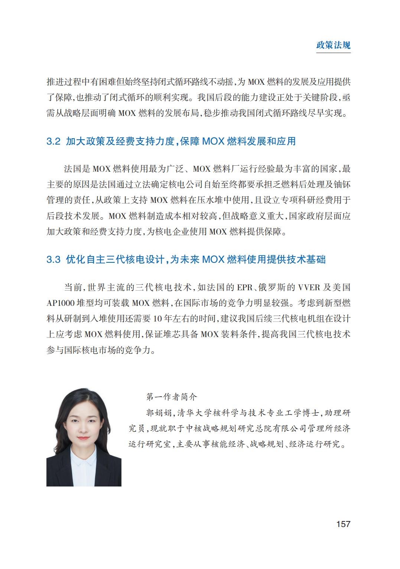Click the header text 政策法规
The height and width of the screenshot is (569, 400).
click(333, 45)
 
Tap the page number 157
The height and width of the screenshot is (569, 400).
click(343, 524)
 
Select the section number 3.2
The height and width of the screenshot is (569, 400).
click(53, 142)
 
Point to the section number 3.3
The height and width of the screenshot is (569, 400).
click(53, 259)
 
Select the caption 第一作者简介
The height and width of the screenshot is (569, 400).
click(172, 397)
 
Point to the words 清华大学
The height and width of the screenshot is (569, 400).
click(195, 413)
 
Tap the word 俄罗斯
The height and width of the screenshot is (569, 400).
click(273, 287)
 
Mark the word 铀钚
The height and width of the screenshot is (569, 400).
click(342, 184)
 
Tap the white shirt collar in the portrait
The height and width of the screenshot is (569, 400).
click(84, 461)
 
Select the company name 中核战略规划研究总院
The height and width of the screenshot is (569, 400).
click(221, 429)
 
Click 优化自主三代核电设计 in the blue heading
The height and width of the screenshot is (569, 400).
click(115, 259)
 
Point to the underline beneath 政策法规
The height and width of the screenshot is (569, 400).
click(333, 53)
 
